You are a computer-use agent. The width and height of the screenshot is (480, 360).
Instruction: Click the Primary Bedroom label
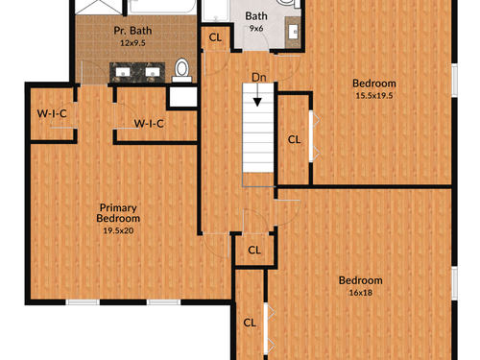pos(118,213)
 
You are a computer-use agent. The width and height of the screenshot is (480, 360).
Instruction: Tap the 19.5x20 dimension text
pos(118,230)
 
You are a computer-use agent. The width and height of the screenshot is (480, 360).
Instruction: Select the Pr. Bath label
pos(132,31)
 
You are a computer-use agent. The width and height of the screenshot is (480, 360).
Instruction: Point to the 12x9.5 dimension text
pos(132,43)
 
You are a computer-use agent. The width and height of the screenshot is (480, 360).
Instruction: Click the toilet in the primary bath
pos(182,70)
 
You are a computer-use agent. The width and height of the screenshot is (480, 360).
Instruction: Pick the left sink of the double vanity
pos(123,72)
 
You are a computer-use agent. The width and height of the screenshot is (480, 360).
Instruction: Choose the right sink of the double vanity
pos(153,72)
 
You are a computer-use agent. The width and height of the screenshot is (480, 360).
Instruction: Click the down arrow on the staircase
pos(257,96)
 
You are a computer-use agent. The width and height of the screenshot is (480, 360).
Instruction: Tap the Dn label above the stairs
pos(259,78)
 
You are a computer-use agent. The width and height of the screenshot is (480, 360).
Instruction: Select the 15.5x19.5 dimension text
pos(374,95)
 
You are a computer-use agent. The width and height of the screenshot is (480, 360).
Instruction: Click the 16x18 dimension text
pos(361,293)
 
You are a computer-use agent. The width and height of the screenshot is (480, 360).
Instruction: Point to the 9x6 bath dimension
pos(256,29)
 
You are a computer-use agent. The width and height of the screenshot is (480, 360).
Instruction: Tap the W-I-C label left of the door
pos(52,113)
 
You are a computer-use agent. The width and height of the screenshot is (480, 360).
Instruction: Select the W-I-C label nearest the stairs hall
pos(149,124)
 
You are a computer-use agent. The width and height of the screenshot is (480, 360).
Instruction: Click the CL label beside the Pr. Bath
pos(215,37)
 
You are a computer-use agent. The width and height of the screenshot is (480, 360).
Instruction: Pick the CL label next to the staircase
pos(294,139)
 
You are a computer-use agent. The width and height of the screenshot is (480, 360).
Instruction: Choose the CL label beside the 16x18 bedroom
pos(250,323)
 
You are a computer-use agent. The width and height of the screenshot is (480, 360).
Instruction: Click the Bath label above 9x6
pos(256,16)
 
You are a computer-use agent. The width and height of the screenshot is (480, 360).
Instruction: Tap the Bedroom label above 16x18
pos(361,280)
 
